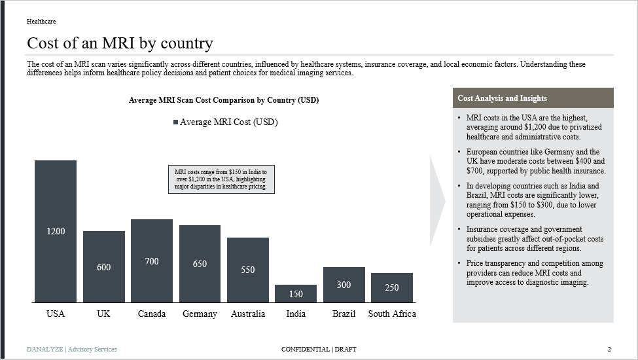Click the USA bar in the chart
click(56, 196)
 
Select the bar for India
click(296, 293)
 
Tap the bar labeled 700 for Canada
click(152, 261)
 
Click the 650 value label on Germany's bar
click(200, 264)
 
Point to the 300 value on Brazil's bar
click(344, 285)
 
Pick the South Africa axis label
click(392, 314)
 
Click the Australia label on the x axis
click(248, 314)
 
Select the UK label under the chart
click(103, 314)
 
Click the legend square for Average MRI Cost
click(175, 122)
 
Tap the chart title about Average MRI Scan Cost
click(224, 100)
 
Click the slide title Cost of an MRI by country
click(120, 43)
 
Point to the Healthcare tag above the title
click(41, 22)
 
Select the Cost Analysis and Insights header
click(503, 98)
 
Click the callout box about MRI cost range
click(221, 179)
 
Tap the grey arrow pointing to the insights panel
click(437, 201)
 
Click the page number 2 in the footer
click(609, 349)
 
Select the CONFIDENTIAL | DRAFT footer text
click(319, 349)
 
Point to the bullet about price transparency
click(535, 272)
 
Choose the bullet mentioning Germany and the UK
click(535, 161)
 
